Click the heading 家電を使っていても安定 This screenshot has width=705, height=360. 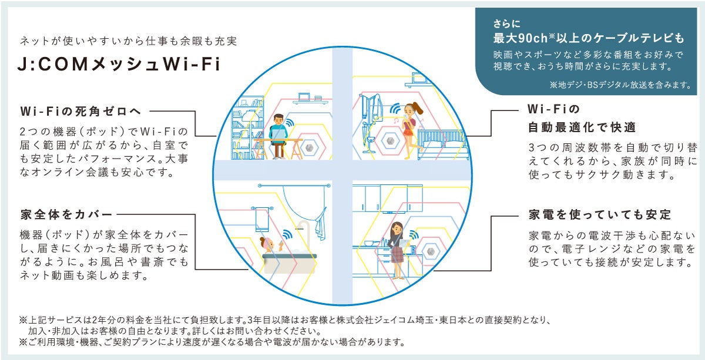[x=599, y=214]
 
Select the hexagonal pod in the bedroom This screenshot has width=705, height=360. [x=390, y=141]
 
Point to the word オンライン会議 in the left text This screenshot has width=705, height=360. [x=71, y=173]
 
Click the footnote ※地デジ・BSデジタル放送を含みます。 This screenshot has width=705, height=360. [x=620, y=85]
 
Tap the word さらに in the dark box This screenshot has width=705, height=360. [x=506, y=25]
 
